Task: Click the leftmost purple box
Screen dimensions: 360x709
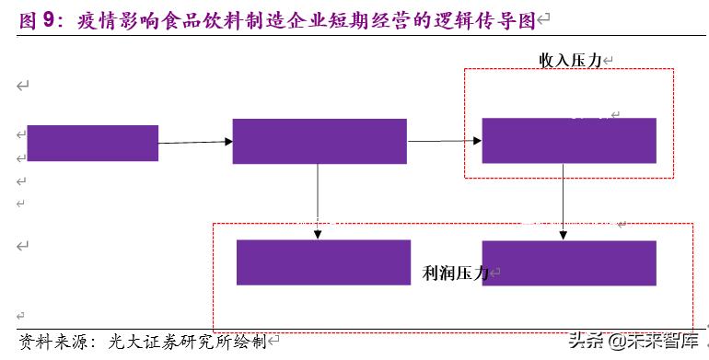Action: pos(92,143)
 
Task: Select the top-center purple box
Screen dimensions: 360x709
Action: pos(319,141)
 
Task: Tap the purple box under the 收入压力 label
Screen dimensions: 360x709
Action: pos(568,140)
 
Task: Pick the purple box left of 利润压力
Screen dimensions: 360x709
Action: pos(322,262)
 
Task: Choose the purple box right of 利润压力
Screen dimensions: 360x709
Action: pos(568,262)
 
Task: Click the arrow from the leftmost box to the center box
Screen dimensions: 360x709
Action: pos(195,142)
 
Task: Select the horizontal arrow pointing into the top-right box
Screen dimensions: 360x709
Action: pos(444,141)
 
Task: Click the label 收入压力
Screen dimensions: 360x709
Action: pos(570,60)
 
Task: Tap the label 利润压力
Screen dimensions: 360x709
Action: pos(455,273)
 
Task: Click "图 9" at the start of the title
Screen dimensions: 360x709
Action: pos(33,18)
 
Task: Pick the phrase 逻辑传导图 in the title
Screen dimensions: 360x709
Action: pos(487,18)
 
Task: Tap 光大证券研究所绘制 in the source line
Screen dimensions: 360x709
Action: pos(187,342)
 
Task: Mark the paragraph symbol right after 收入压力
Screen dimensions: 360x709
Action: pos(609,60)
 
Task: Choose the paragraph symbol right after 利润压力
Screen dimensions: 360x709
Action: pos(495,273)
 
